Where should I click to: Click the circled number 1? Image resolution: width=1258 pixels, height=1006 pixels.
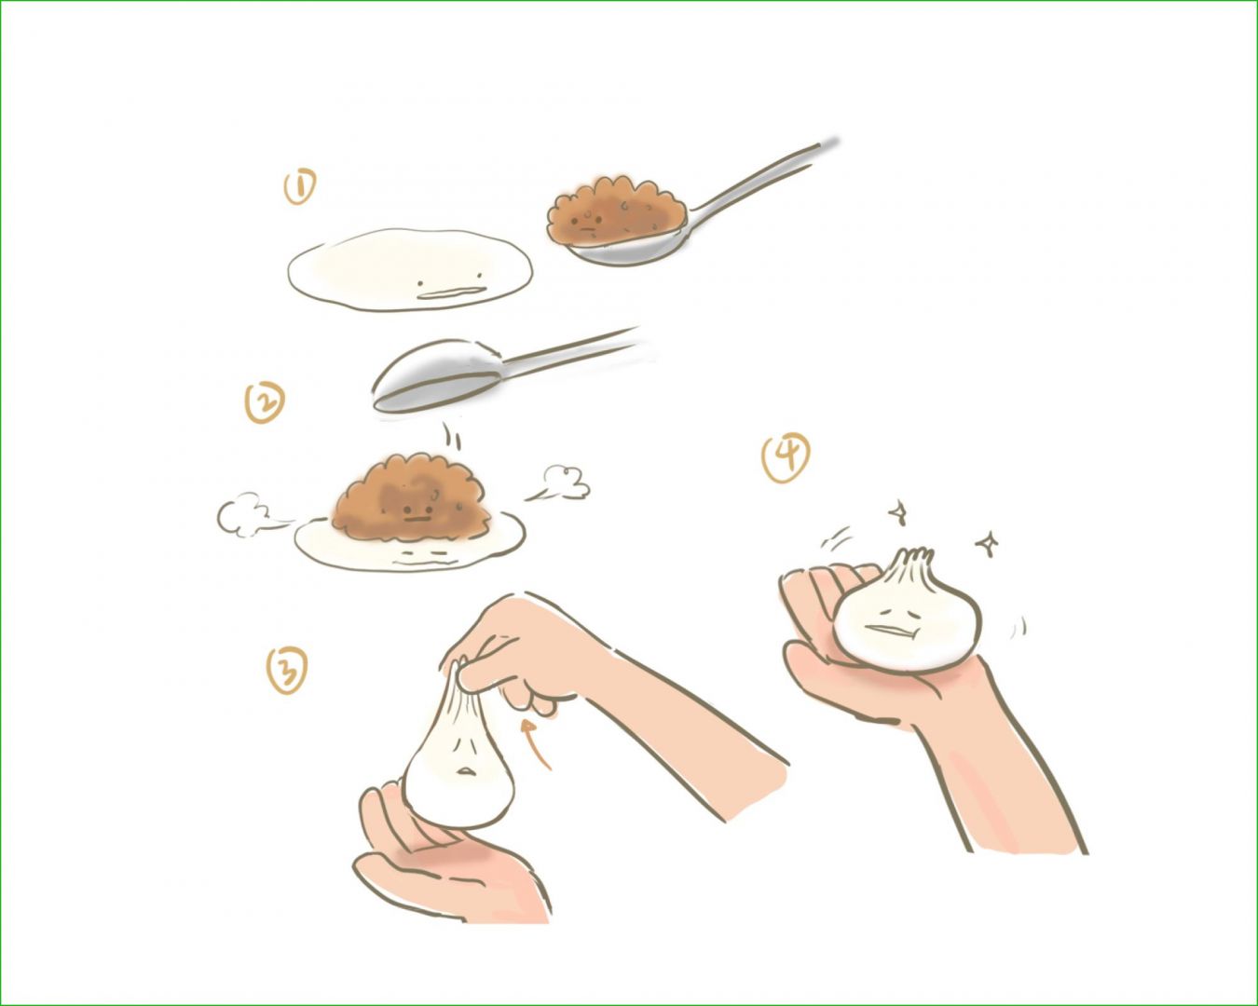(x=300, y=186)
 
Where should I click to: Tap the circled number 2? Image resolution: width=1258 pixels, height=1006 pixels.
(x=265, y=402)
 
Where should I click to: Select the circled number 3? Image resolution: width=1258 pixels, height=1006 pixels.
(x=286, y=671)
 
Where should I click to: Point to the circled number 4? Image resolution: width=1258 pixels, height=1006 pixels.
(x=786, y=457)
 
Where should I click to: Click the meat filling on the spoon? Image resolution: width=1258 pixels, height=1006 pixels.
(x=615, y=211)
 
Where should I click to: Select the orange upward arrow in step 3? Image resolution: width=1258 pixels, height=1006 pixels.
(x=539, y=744)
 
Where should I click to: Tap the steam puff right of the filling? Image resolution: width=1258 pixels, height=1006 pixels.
(x=560, y=483)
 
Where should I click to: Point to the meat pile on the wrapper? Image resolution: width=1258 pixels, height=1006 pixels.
(x=411, y=496)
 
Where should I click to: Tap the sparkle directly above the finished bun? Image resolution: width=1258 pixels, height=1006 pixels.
(x=898, y=512)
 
